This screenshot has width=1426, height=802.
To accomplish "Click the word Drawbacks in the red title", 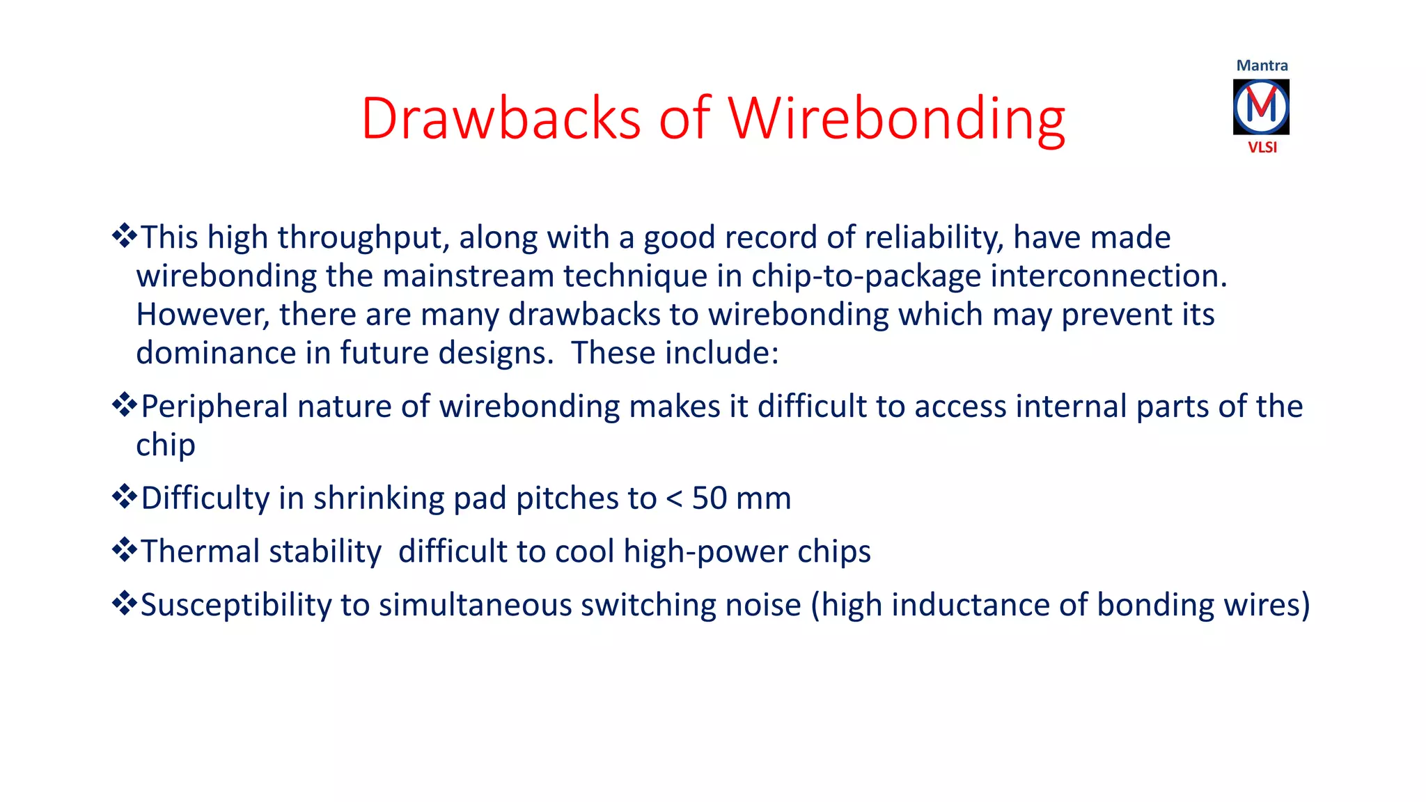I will pos(501,118).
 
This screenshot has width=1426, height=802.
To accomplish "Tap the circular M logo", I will pos(1261,107).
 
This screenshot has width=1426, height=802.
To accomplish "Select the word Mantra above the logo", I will pos(1262,65).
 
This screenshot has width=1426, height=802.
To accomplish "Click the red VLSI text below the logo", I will pos(1262,147).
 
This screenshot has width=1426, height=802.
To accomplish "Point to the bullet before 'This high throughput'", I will pos(124,236).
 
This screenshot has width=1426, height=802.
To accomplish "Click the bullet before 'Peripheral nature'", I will pos(124,404).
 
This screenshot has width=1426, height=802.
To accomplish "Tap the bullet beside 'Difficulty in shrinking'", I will pos(124,497).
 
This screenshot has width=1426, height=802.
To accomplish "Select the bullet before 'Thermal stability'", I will pos(124,550).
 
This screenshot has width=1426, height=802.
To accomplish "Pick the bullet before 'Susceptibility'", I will pos(124,603).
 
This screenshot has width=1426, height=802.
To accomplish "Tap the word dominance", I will pos(216,353).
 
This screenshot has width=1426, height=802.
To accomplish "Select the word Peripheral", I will pos(214,407).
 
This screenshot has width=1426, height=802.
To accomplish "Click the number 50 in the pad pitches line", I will pos(710,498).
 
